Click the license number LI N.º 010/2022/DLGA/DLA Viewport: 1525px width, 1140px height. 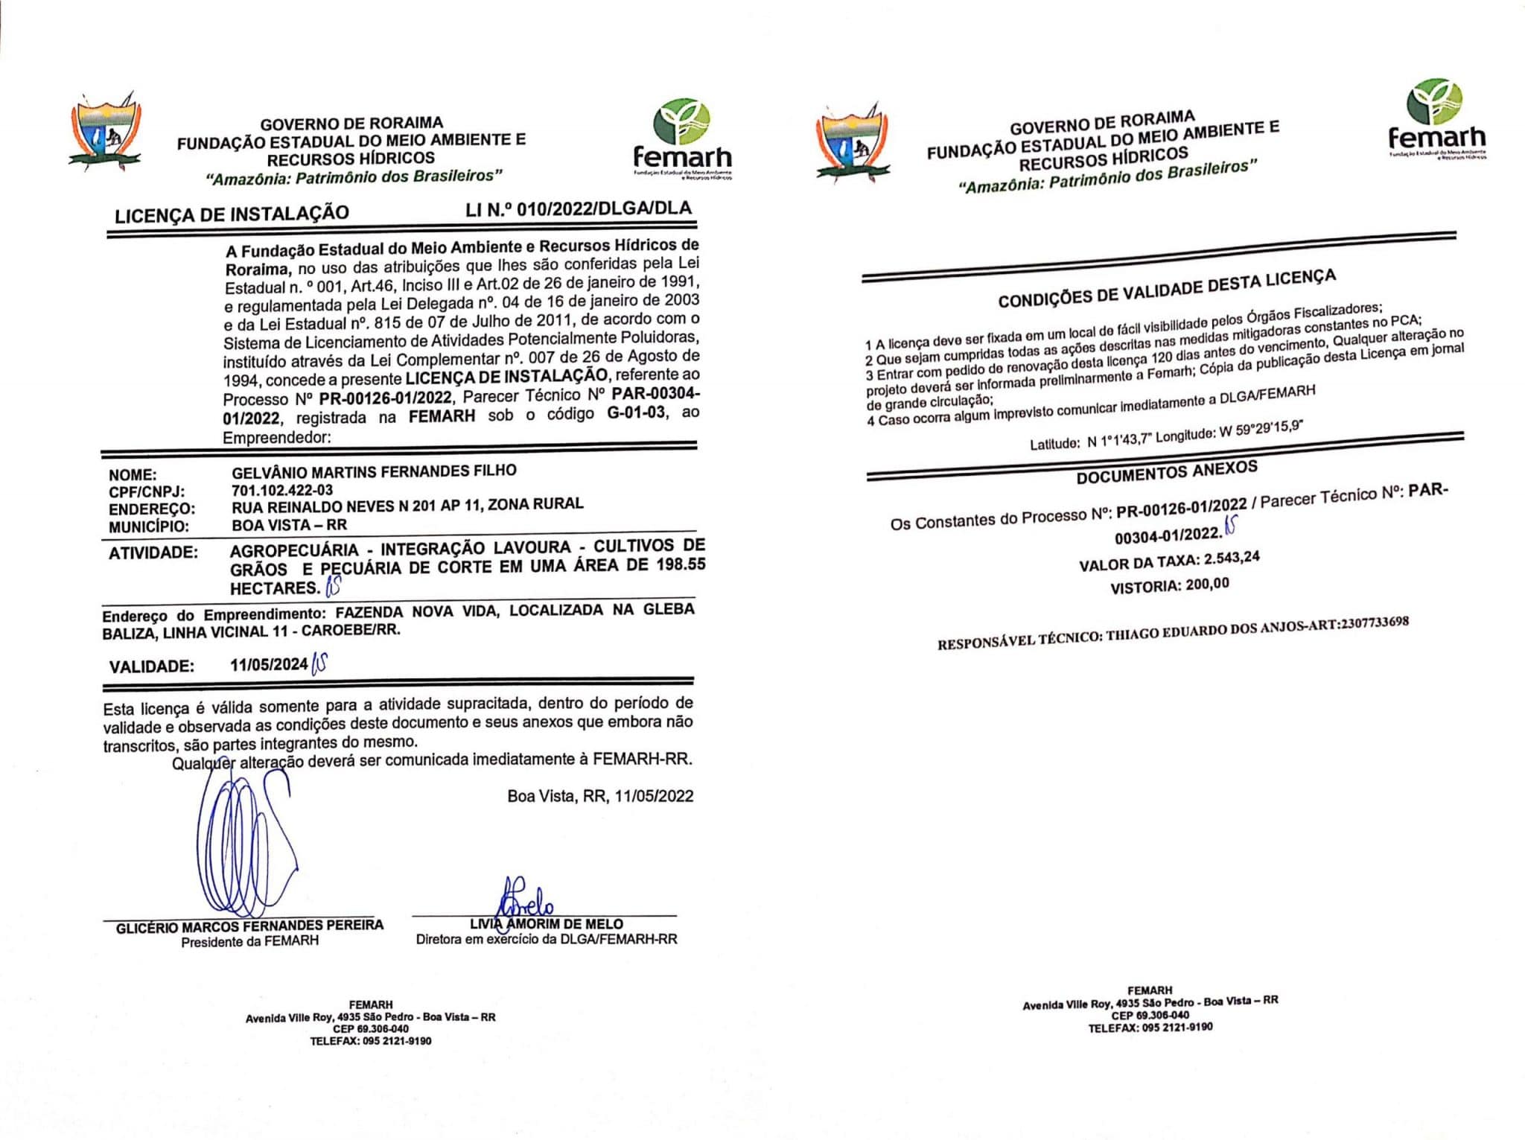click(579, 209)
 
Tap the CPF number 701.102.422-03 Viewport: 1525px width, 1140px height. click(282, 490)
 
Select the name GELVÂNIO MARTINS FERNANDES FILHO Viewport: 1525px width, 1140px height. click(374, 471)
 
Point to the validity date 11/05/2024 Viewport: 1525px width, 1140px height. click(269, 664)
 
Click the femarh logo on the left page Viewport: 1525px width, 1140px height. click(682, 138)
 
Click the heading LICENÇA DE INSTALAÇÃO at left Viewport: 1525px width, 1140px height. click(232, 214)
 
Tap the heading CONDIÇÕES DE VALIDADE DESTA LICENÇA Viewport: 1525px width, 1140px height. click(1167, 289)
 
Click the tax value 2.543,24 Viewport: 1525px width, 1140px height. click(1232, 558)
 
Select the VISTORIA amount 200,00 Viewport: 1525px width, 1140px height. click(1207, 585)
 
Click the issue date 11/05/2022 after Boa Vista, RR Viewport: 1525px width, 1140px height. click(654, 796)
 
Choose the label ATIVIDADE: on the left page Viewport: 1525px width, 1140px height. click(153, 553)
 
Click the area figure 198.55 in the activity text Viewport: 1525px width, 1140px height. click(681, 564)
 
